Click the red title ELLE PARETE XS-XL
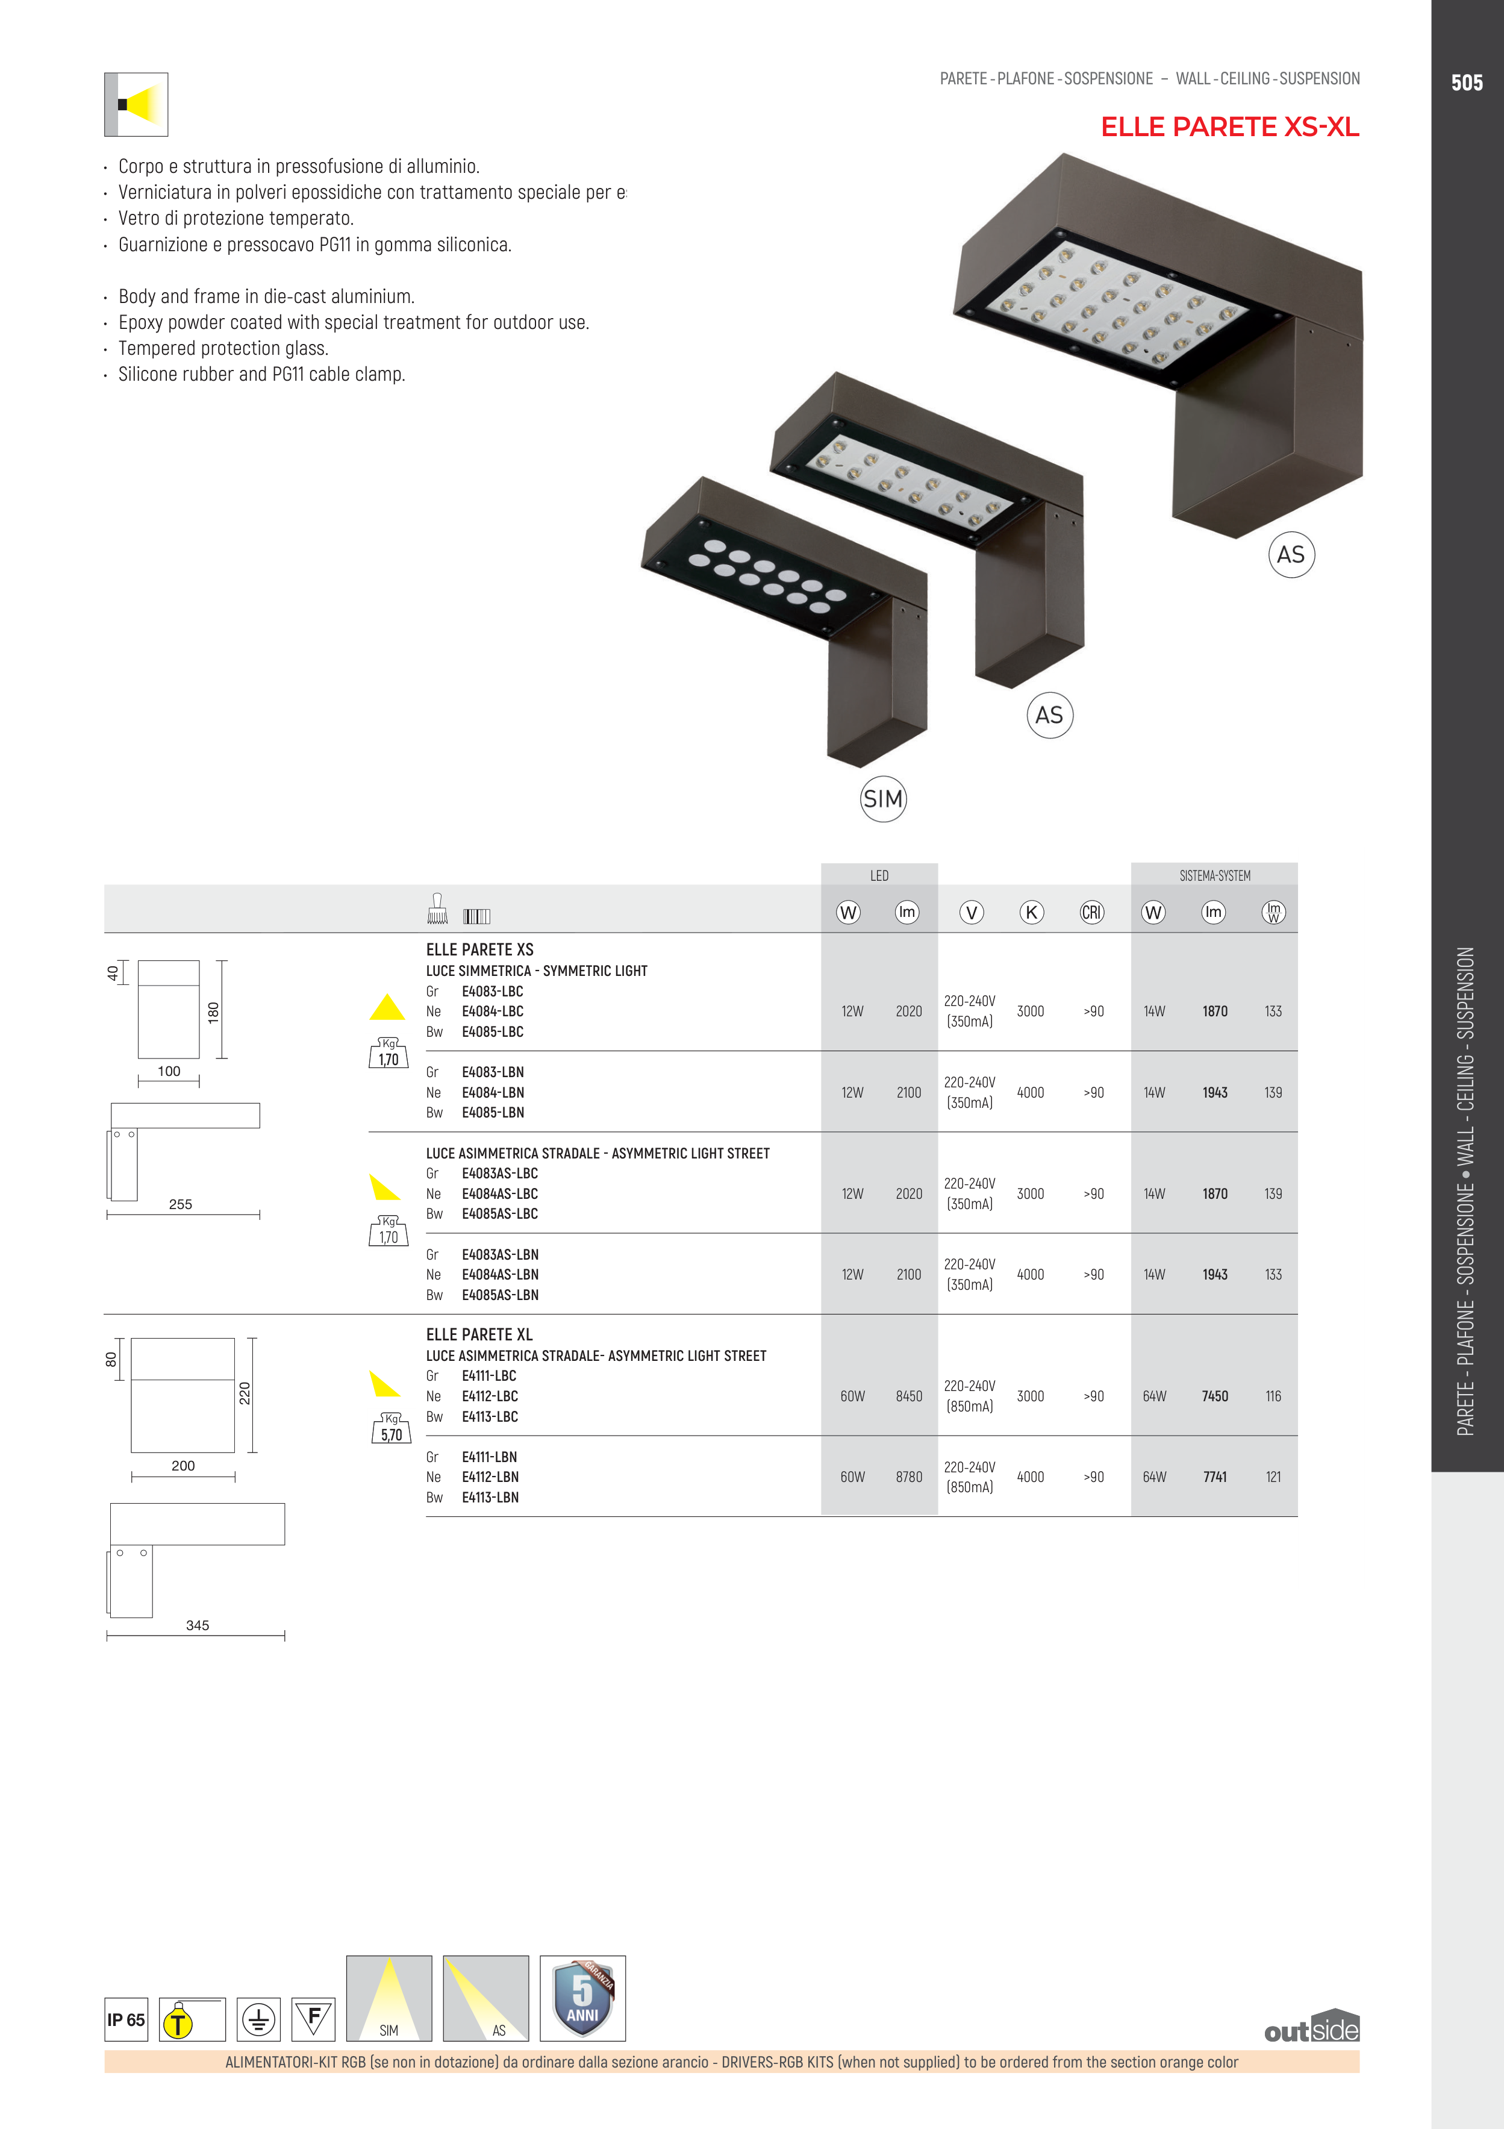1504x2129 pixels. tap(1229, 127)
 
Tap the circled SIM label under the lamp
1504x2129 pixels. tap(883, 798)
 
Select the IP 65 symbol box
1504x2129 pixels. tap(126, 2019)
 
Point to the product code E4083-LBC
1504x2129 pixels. tap(492, 991)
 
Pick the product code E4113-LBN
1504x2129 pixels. tap(490, 1498)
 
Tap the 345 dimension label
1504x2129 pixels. tap(198, 1625)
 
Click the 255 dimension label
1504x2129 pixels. tap(181, 1204)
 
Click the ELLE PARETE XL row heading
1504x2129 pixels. tap(479, 1334)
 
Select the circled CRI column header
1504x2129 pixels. tap(1092, 913)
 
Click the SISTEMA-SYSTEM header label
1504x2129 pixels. tap(1215, 875)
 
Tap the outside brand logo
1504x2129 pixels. tap(1311, 2029)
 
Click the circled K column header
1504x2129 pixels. tap(1031, 913)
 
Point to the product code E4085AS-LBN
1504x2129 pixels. tap(500, 1295)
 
